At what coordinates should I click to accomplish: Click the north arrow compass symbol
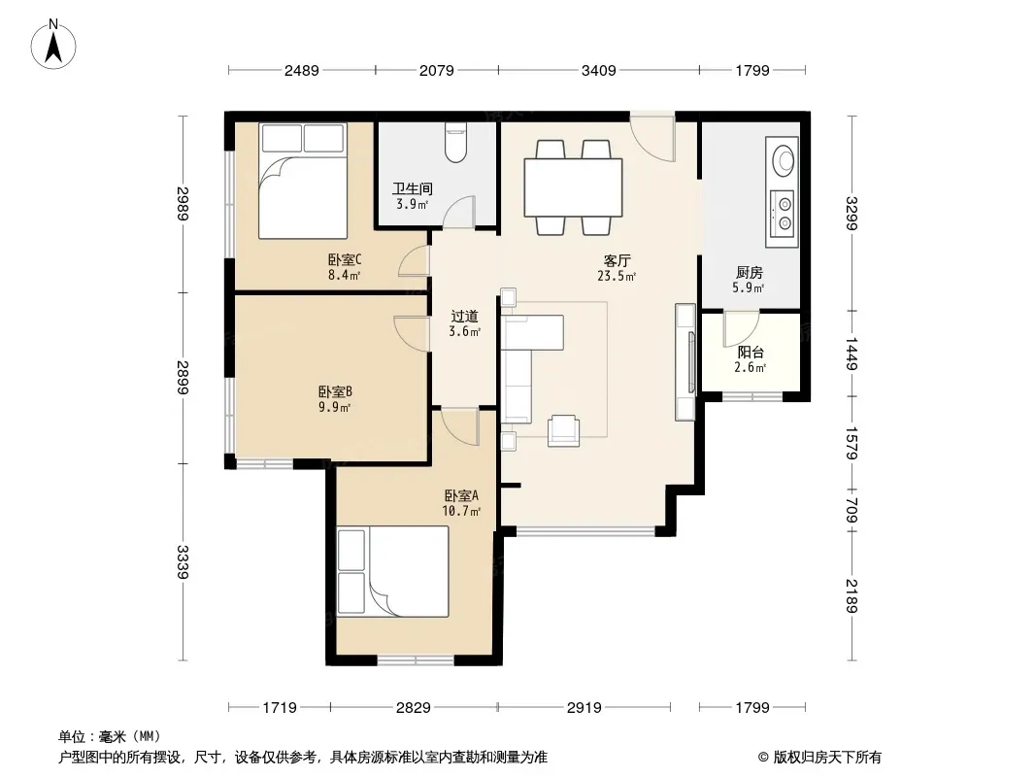point(53,44)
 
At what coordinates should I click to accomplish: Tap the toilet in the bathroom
point(455,143)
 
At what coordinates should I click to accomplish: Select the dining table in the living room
point(573,187)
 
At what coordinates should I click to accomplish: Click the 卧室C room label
point(345,260)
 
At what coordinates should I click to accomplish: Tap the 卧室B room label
point(335,392)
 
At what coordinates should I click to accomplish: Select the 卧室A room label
point(461,495)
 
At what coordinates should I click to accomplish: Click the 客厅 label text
point(617,260)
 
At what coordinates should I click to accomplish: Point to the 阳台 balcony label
point(751,353)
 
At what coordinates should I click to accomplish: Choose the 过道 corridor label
point(465,317)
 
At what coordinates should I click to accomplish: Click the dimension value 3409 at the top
point(599,70)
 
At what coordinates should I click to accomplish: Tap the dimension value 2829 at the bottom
point(414,708)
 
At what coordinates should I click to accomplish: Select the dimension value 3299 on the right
point(851,214)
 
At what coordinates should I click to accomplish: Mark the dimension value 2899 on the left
point(183,378)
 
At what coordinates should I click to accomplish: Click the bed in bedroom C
point(303,181)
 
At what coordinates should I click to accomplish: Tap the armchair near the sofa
point(564,430)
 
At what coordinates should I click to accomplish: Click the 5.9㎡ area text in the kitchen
point(748,287)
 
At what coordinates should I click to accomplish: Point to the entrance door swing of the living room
point(651,137)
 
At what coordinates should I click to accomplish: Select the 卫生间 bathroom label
point(413,189)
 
